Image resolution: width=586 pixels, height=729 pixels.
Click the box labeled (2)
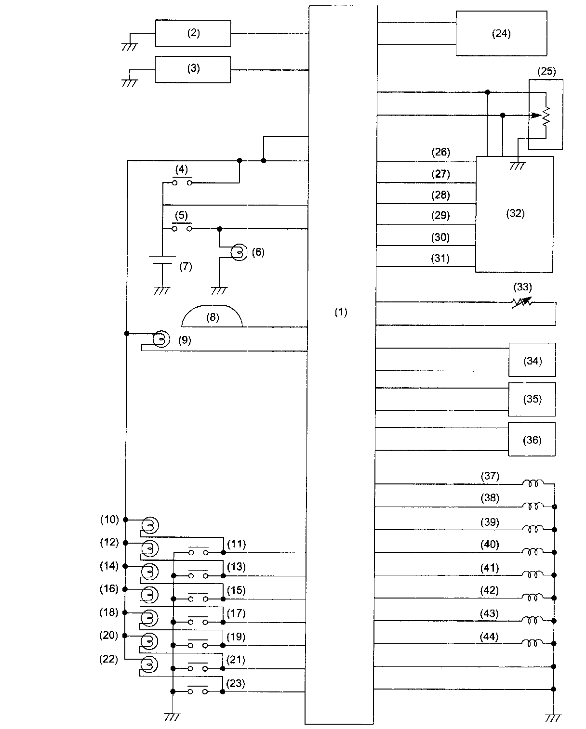pos(193,33)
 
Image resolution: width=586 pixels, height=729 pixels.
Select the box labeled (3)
pos(193,69)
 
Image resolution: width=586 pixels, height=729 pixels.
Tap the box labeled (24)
pos(501,34)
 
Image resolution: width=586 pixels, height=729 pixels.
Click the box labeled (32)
pos(515,214)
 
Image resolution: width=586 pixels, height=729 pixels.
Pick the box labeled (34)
pos(532,360)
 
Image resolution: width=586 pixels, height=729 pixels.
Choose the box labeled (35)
pos(532,399)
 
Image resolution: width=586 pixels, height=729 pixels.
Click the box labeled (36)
pos(532,440)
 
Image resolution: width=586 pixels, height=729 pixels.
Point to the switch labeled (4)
pos(182,182)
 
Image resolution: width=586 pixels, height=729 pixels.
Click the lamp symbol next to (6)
pos(238,252)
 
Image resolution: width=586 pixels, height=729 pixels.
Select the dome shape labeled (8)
pos(212,318)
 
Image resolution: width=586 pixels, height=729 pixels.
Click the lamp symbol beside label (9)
pos(161,339)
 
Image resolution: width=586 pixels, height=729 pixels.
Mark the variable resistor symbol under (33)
pos(522,302)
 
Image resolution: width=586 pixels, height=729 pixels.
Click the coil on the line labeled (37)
pos(533,483)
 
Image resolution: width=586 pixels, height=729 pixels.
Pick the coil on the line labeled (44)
pos(533,643)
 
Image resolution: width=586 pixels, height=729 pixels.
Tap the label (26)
pos(440,153)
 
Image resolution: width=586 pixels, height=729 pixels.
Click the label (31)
pos(440,259)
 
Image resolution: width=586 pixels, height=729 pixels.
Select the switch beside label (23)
pos(198,691)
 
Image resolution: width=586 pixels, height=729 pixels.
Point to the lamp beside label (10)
pos(150,525)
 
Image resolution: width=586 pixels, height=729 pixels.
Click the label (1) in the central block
pos(341,312)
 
